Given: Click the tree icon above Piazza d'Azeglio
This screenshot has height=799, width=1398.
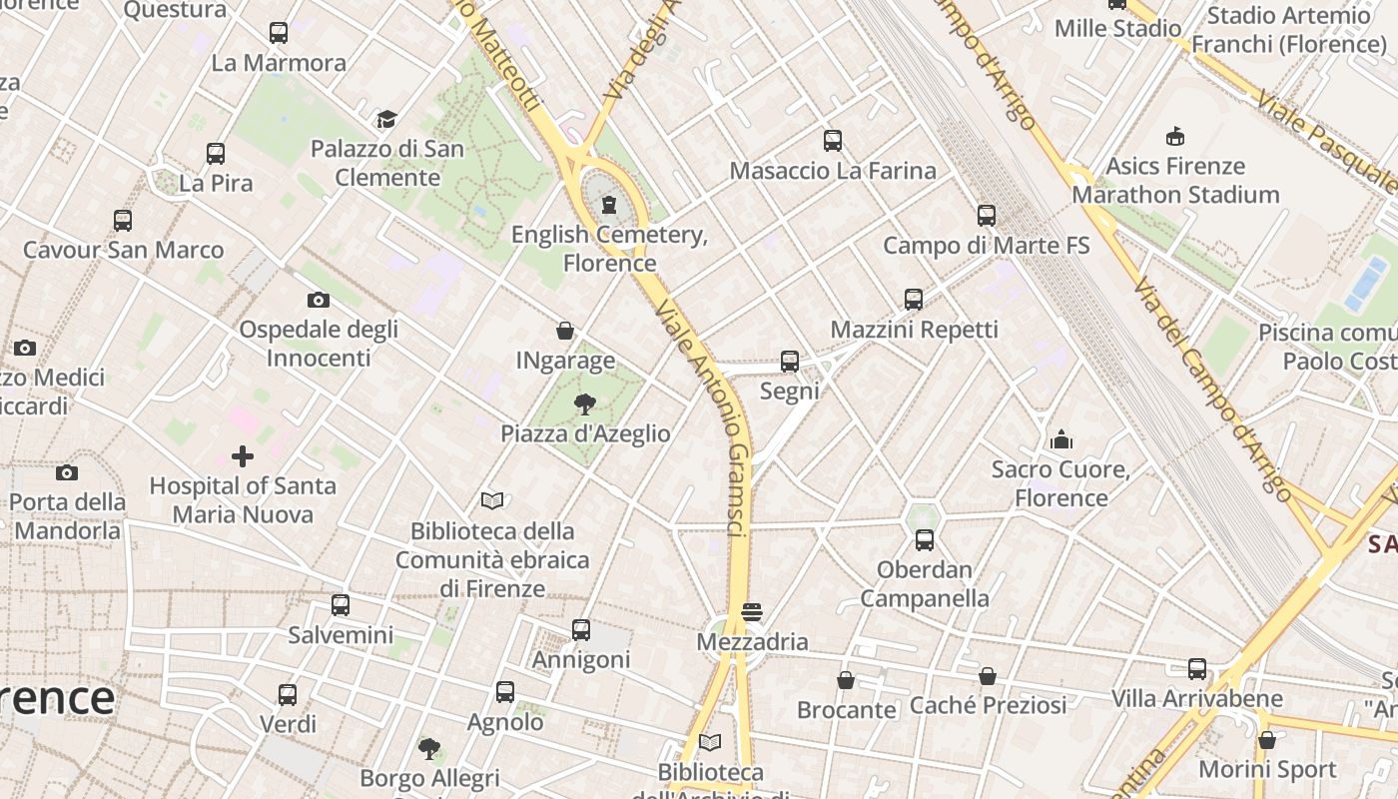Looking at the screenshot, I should (585, 404).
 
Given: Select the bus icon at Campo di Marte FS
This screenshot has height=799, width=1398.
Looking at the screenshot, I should (987, 215).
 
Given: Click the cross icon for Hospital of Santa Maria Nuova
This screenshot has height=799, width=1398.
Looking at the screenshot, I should (242, 456).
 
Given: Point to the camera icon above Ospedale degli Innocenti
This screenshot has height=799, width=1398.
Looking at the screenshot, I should (319, 300).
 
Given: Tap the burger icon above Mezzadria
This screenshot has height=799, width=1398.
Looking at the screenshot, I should (752, 612).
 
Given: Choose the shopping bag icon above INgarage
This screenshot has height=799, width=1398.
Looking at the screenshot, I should (565, 331).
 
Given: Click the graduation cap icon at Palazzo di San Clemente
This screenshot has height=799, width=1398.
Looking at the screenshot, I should (386, 120).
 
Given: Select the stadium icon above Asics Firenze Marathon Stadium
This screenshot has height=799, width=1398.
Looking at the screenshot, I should (1175, 136).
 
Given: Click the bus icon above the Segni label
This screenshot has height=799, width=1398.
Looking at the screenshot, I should (790, 362).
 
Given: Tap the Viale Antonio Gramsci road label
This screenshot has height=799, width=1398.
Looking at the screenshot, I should (704, 419).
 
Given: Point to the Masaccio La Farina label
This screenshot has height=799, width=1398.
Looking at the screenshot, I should (833, 171).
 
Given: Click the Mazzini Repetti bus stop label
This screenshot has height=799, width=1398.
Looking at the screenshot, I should (914, 330).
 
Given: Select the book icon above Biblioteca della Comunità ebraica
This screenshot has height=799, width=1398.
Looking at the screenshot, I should (492, 500).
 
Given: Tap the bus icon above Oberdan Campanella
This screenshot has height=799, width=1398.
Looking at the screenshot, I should (925, 540).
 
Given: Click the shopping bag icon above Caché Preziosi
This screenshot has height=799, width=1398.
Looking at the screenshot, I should (988, 676).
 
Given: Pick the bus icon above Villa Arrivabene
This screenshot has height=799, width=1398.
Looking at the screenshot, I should (1197, 669).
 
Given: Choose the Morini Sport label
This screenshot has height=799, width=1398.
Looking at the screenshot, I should (1267, 770).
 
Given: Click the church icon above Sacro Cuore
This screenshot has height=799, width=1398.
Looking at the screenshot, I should (1060, 439).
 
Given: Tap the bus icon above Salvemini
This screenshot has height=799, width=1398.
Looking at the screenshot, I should (341, 605).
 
